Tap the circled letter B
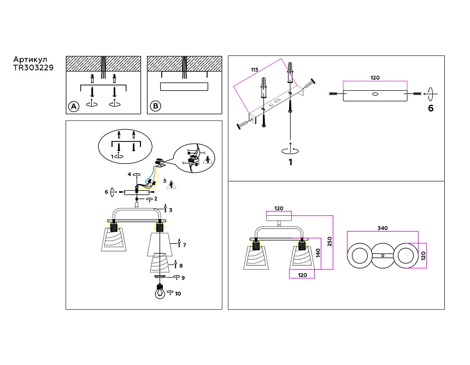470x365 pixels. click(156, 106)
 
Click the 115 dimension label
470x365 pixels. click(254, 70)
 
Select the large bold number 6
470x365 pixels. click(431, 109)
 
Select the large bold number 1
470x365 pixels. click(291, 162)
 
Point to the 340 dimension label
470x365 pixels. click(383, 228)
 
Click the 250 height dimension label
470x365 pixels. click(329, 241)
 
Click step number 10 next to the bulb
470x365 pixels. click(178, 294)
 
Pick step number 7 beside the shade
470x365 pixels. click(185, 245)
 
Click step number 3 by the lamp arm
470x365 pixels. click(171, 210)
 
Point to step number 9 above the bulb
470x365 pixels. click(183, 278)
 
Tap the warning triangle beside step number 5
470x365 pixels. click(172, 184)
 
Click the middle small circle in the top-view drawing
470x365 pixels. click(383, 256)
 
